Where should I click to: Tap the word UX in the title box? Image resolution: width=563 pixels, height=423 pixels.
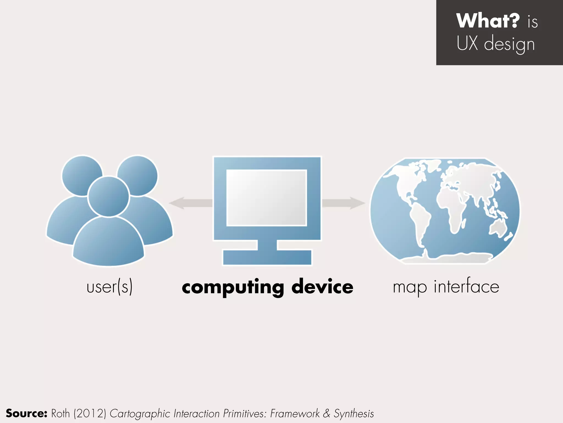pos(467,43)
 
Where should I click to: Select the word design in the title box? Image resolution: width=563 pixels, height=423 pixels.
pos(509,44)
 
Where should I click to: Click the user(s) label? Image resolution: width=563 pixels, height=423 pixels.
pos(109,287)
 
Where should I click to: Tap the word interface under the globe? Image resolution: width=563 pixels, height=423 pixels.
pos(466,286)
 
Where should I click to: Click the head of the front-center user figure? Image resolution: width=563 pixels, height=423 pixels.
pos(108,196)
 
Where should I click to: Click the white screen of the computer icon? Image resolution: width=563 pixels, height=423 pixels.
pos(266,198)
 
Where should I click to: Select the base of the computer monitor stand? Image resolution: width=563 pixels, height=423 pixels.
pos(267,257)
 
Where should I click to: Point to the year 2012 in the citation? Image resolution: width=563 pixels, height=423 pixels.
pos(90,414)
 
